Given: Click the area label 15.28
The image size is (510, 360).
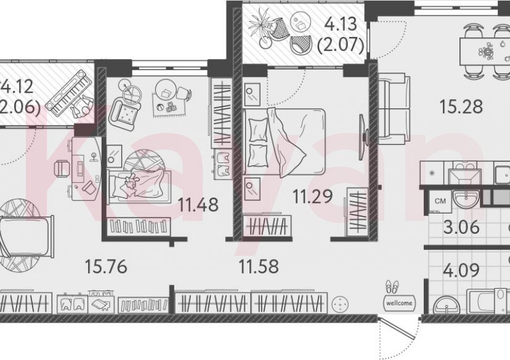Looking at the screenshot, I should [461, 106].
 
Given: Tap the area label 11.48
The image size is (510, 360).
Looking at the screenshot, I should [198, 204].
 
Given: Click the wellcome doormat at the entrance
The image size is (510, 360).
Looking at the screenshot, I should [399, 303].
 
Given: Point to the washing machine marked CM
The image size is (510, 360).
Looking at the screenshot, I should [440, 201].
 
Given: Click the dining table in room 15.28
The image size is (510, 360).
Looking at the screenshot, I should [487, 49].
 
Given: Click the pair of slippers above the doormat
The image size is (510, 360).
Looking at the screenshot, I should [392, 287].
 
